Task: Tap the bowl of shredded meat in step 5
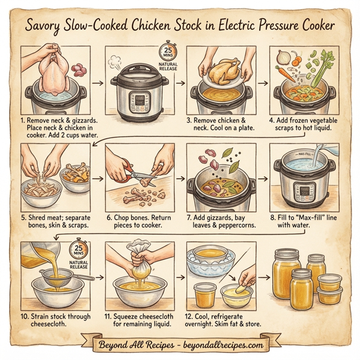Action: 41,191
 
